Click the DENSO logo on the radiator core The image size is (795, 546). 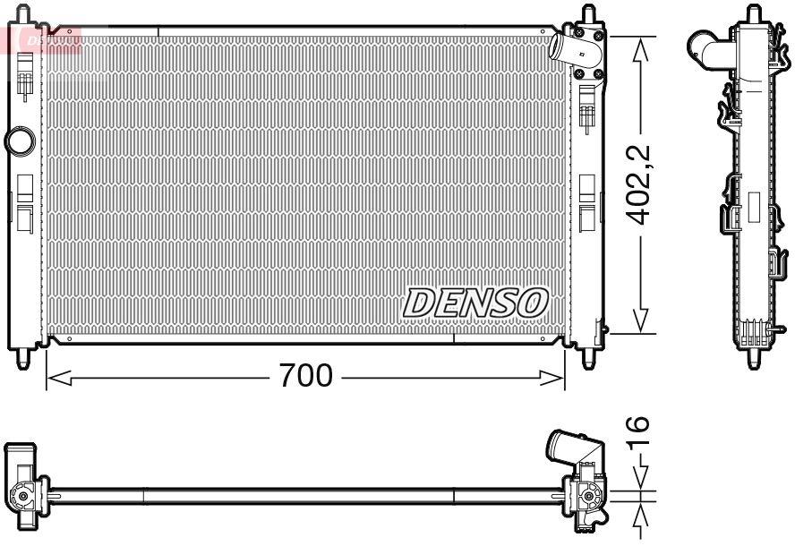475,303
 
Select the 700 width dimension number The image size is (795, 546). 305,376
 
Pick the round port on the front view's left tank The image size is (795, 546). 18,141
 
